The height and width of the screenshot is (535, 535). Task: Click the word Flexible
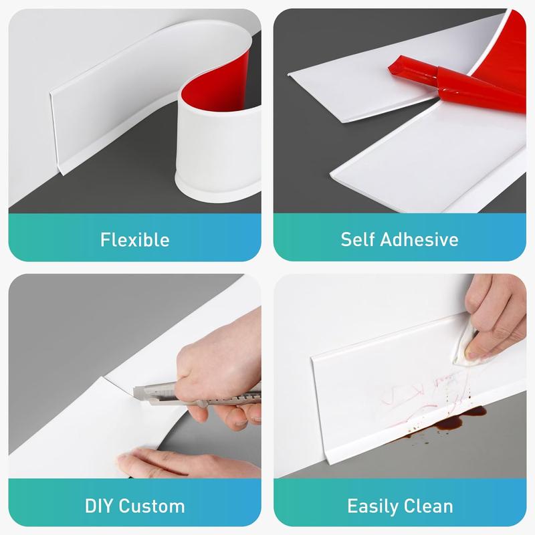pyautogui.click(x=134, y=239)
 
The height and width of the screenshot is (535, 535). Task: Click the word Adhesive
pyautogui.click(x=425, y=239)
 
